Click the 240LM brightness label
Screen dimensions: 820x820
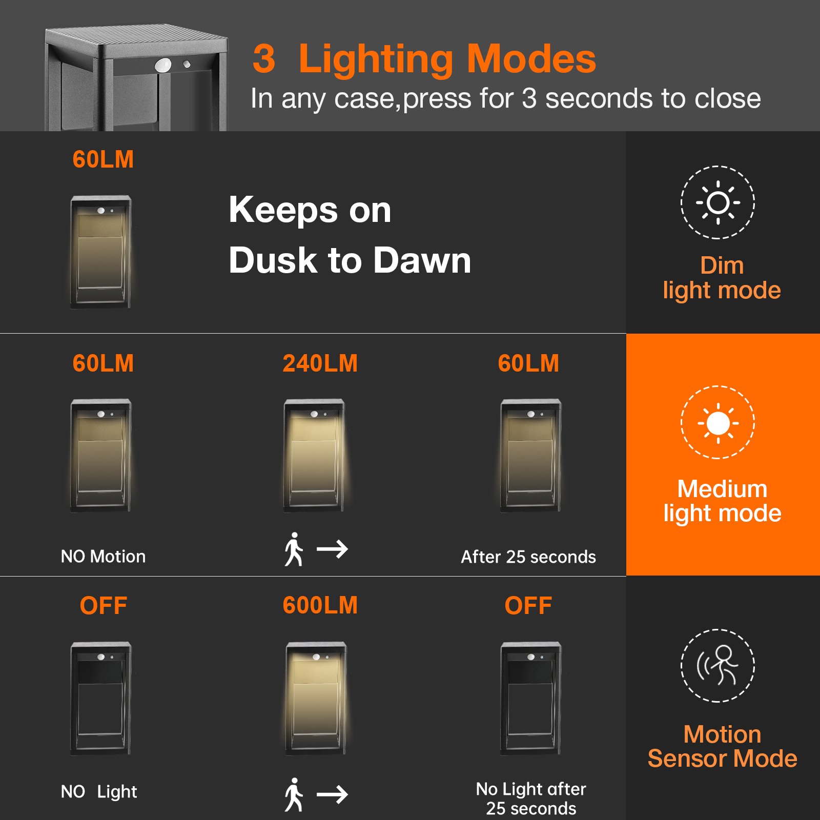320,363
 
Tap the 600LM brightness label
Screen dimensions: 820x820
320,605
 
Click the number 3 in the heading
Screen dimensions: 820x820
264,59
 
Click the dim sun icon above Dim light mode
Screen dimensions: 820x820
717,202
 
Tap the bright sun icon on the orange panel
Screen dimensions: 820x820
717,423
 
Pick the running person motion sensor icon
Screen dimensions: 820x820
717,665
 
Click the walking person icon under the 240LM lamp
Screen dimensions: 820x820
294,549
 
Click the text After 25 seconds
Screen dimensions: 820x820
528,557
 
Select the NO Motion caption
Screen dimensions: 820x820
103,557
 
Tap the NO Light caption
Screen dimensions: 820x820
99,792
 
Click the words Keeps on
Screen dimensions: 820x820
310,210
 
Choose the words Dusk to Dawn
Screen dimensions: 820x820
350,260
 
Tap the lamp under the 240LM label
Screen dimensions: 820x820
315,455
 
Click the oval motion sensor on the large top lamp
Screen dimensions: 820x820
163,66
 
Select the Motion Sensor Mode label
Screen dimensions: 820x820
722,746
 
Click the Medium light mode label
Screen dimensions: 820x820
722,501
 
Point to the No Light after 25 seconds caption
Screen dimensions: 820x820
531,798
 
